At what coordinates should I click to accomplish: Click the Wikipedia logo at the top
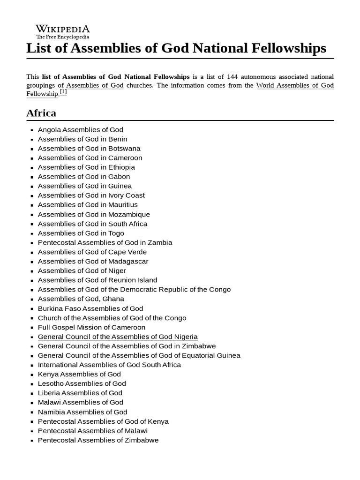click(x=63, y=31)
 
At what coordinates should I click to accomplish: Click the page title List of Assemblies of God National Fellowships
click(x=176, y=48)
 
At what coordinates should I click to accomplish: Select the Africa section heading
click(x=41, y=113)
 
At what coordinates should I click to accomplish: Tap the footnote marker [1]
click(x=63, y=92)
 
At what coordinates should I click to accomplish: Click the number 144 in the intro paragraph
click(x=233, y=76)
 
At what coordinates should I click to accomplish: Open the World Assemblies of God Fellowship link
click(x=294, y=85)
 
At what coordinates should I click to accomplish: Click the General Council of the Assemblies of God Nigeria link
click(x=118, y=337)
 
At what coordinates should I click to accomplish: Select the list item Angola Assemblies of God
click(x=81, y=129)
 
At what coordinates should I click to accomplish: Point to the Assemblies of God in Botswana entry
click(x=89, y=148)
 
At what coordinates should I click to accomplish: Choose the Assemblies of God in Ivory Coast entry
click(x=91, y=195)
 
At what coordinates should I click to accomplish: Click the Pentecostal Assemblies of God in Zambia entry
click(x=105, y=242)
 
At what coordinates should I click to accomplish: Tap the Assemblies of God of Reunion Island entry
click(x=97, y=280)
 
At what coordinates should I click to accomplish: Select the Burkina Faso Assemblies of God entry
click(x=90, y=308)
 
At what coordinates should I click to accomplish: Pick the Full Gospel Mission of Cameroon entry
click(x=91, y=327)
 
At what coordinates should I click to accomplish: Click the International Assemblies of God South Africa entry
click(x=109, y=365)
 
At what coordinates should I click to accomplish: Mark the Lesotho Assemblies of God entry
click(x=82, y=383)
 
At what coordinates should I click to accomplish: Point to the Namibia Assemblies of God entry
click(x=82, y=412)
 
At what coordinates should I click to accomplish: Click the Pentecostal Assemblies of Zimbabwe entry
click(x=98, y=440)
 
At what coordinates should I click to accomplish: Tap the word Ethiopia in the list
click(x=121, y=167)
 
